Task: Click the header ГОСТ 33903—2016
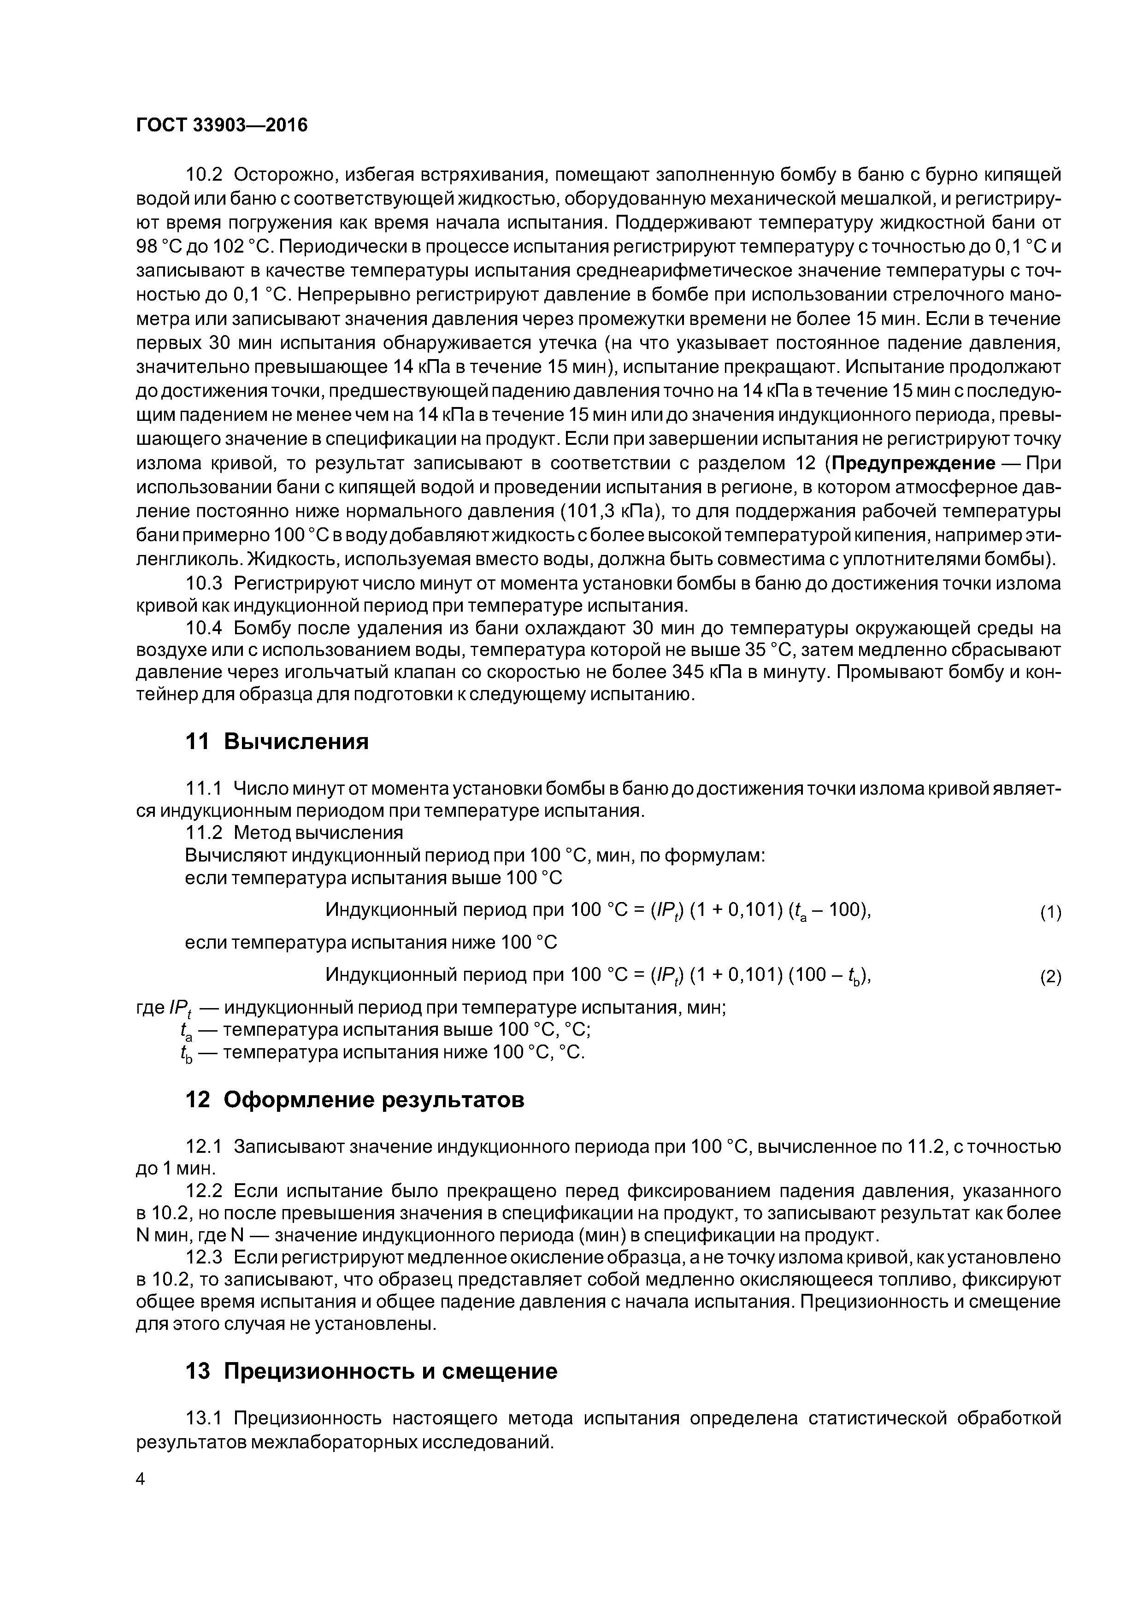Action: tap(221, 125)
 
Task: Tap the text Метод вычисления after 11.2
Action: tap(318, 832)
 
